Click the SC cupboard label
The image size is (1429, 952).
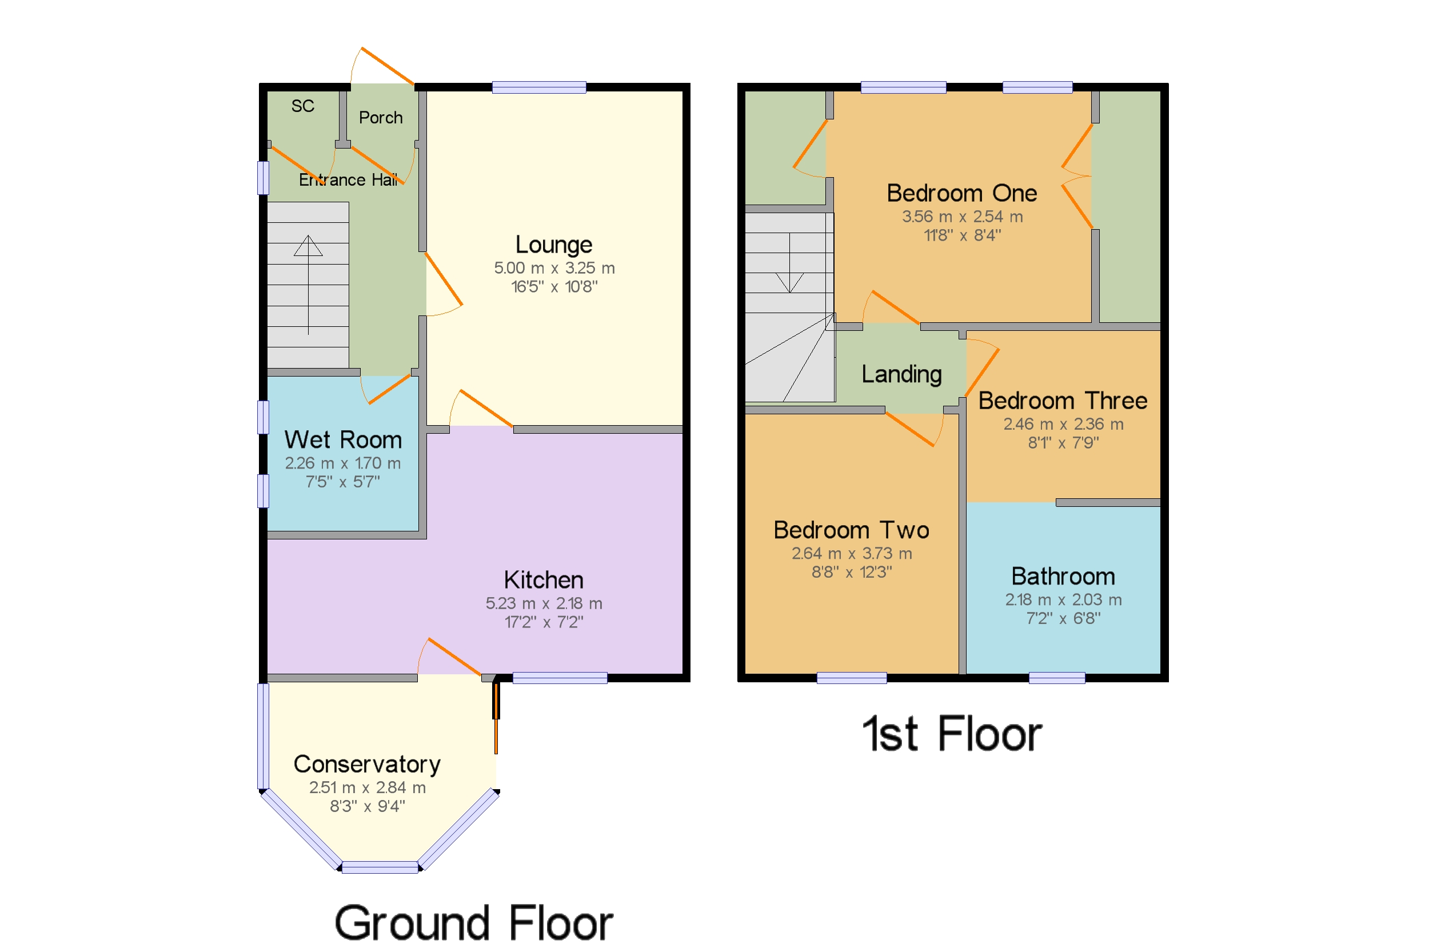302,106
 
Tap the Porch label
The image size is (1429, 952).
380,117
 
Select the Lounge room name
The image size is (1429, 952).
553,244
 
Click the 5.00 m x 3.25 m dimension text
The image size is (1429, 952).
554,268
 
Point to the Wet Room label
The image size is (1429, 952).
342,439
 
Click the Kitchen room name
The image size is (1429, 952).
544,580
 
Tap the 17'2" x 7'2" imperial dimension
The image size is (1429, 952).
544,622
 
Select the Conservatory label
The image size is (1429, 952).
367,765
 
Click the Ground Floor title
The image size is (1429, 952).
474,923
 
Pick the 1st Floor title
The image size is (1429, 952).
952,734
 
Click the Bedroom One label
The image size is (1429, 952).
961,193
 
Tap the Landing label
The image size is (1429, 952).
901,375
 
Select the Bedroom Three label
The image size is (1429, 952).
1063,401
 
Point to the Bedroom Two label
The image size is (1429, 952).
851,530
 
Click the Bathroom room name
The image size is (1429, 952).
1063,576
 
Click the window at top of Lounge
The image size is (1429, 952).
538,87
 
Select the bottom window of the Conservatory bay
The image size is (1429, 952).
380,867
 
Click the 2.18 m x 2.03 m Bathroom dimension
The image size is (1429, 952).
1063,600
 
